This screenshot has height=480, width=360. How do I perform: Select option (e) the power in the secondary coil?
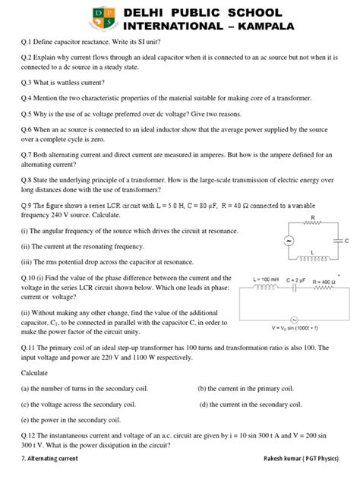click(72, 419)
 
